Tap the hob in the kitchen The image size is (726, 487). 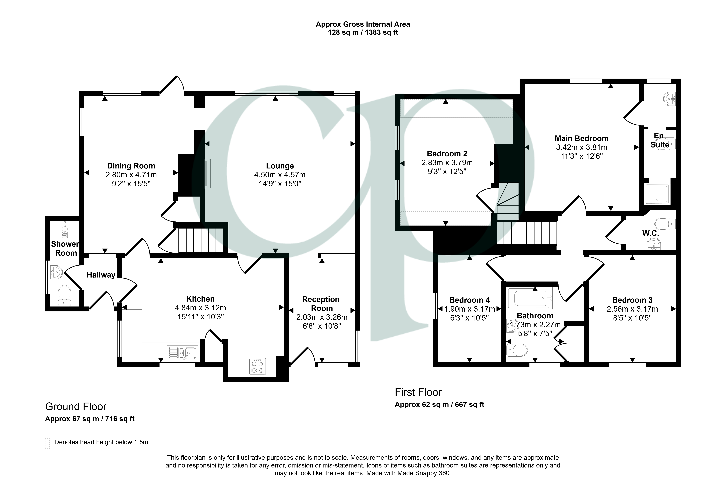(257, 366)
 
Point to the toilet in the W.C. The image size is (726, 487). (665, 224)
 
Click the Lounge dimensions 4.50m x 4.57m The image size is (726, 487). (280, 175)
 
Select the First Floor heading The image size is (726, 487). (418, 392)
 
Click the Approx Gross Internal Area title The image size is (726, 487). (363, 24)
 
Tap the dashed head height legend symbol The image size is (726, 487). (47, 444)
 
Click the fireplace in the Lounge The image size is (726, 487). (207, 174)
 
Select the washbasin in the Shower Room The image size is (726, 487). (57, 272)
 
